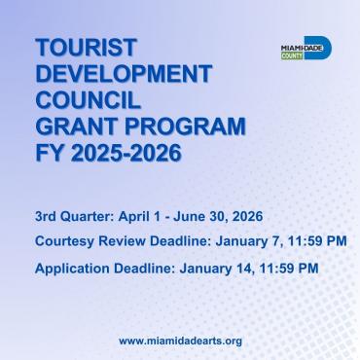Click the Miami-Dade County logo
coord(305,49)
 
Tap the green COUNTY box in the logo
coord(290,55)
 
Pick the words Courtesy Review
coord(80,239)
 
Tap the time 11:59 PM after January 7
coord(314,239)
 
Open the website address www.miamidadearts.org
coord(180,341)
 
